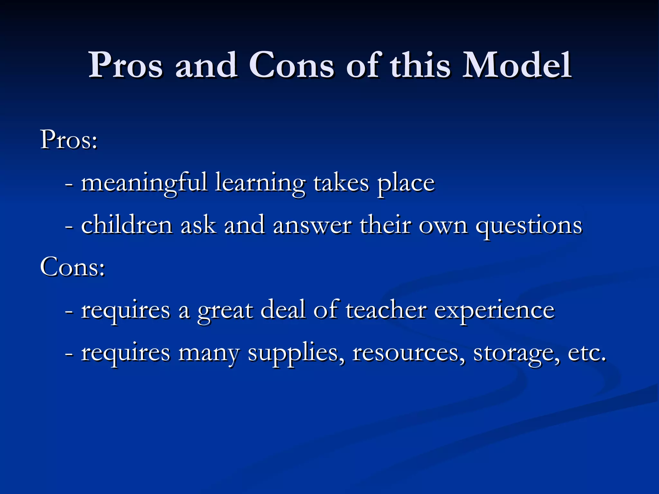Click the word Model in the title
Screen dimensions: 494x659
click(x=517, y=66)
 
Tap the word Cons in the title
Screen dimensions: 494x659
click(x=291, y=66)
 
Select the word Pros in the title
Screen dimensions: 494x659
click(x=125, y=66)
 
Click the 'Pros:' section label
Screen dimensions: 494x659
click(x=69, y=140)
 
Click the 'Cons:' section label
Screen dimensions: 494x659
click(x=72, y=267)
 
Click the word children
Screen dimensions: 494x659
click(x=127, y=225)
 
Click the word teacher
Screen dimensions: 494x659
click(x=386, y=310)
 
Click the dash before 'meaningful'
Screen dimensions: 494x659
click(x=69, y=185)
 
